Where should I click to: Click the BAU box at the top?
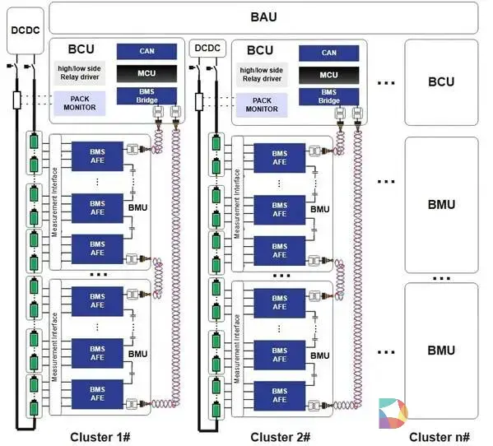[263, 18]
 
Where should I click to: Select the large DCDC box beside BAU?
[26, 30]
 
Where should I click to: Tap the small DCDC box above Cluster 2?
[207, 48]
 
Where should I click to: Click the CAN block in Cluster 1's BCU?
[147, 51]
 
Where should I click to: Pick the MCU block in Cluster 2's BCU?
[328, 75]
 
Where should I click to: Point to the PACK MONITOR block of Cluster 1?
[80, 103]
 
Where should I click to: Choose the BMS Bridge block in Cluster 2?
[328, 96]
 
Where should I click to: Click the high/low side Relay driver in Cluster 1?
[80, 73]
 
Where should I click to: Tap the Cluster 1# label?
[100, 437]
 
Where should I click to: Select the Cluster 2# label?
[280, 437]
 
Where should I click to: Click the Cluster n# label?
[440, 437]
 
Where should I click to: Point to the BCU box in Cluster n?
[441, 82]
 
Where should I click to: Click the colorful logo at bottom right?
[393, 413]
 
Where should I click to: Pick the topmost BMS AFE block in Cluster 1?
[97, 156]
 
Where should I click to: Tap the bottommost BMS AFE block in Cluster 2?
[279, 396]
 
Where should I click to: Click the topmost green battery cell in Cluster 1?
[34, 141]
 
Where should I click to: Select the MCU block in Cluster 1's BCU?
[147, 73]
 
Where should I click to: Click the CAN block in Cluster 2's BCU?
[328, 53]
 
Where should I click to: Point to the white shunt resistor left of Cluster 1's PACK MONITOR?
[17, 100]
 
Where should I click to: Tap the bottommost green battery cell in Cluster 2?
[216, 409]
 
